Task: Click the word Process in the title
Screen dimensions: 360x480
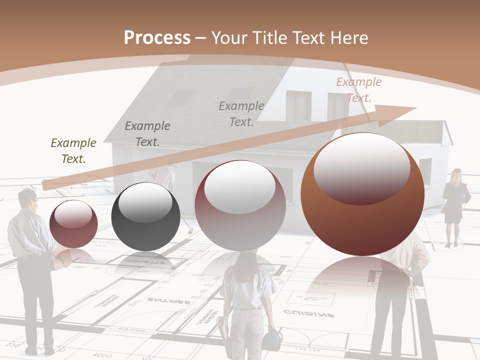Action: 157,38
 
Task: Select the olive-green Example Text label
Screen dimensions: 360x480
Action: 73,151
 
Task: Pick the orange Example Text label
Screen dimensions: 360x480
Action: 358,90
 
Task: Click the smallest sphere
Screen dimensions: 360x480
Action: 73,223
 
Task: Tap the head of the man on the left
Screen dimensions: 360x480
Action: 27,199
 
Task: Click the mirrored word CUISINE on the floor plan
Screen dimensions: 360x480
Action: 308,314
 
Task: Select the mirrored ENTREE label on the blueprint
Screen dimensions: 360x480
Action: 168,301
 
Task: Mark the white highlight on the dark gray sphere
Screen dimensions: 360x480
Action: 145,202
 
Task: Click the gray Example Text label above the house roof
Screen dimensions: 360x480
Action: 241,114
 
